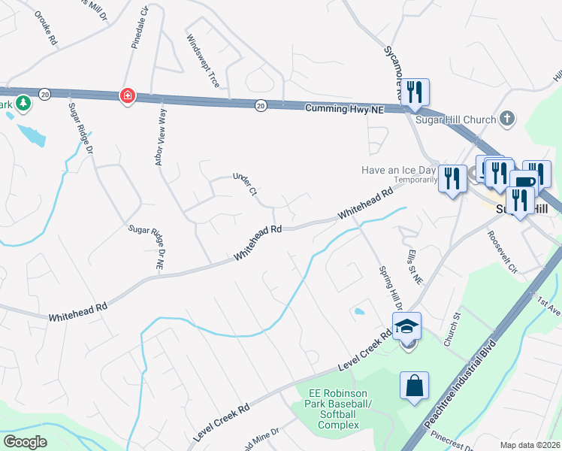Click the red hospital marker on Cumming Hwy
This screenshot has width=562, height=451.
(128, 96)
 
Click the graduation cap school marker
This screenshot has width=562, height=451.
(406, 326)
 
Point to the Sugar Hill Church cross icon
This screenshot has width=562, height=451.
(508, 119)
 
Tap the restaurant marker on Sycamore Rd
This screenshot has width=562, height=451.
(415, 92)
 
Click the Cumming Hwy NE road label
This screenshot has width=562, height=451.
(344, 109)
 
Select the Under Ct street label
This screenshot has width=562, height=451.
(246, 184)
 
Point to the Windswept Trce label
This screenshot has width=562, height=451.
(203, 61)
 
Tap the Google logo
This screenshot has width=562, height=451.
(25, 441)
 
